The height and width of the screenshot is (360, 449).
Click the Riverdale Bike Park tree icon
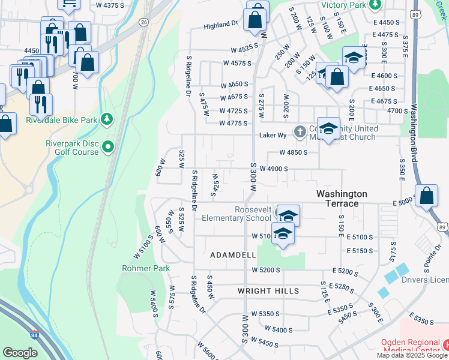tap(107, 119)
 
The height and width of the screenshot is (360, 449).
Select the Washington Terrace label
tap(342, 199)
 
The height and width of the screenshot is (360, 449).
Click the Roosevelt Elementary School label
tap(237, 213)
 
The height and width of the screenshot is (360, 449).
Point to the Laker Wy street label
tap(271, 135)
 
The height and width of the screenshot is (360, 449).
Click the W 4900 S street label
tap(274, 169)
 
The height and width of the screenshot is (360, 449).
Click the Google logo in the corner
tap(20, 353)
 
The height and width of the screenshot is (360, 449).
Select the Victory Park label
tap(343, 5)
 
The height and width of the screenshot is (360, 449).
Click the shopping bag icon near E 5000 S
tap(426, 196)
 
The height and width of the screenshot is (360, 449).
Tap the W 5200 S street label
tap(266, 271)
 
